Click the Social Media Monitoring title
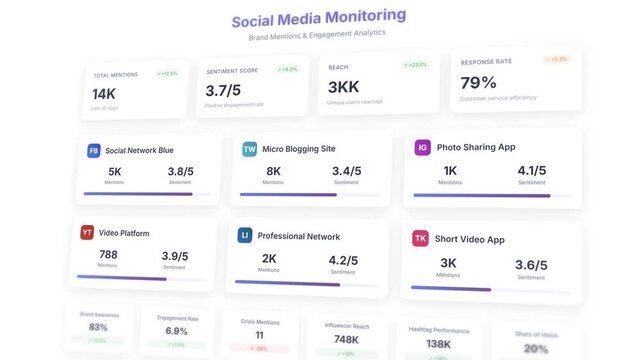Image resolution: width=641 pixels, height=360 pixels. pos(319,18)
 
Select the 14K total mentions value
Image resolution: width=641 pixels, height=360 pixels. pos(104,93)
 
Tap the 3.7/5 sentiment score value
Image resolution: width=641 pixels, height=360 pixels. pos(224,91)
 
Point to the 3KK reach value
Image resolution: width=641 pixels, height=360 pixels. pos(343,87)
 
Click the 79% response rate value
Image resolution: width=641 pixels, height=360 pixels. pos(478,82)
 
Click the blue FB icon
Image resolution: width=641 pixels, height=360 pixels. pos(93,150)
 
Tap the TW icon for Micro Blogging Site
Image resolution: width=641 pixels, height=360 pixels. pos(249,149)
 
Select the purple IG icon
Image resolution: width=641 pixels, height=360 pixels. pos(423,147)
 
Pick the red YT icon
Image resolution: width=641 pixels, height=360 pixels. pos(87,233)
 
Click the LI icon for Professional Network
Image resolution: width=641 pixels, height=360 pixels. pos(244,236)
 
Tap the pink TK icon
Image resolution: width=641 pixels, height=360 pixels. pos(420,239)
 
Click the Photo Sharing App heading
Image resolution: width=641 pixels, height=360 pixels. pos(476,147)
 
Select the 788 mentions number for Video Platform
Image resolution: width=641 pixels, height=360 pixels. pos(108,255)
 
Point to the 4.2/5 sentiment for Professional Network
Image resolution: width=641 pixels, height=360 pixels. pos(343,260)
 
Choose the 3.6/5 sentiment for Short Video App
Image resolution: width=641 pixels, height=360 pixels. pos(531,265)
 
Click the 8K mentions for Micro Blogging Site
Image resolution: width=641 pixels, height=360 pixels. pos(273,171)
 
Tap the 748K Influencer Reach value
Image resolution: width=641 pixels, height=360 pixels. pos(348,340)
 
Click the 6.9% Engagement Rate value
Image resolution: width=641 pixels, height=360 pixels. pos(176,331)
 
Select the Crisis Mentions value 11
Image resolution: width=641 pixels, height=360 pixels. pos(259,335)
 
